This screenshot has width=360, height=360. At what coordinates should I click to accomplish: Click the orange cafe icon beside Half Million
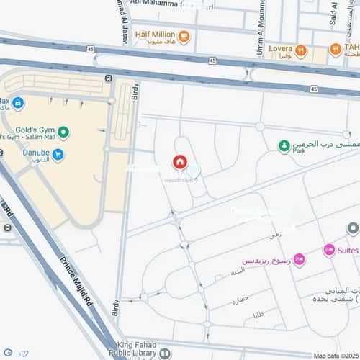(x=184, y=37)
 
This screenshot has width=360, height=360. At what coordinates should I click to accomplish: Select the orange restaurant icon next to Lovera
(x=301, y=50)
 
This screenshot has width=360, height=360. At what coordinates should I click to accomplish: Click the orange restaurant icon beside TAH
(x=336, y=50)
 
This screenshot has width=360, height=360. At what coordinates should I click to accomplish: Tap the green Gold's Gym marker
(x=64, y=132)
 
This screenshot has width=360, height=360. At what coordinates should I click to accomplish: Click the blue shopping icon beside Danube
(x=58, y=154)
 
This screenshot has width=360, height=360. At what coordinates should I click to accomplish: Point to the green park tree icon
(x=284, y=146)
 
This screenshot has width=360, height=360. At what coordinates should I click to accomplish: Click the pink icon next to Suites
(x=329, y=250)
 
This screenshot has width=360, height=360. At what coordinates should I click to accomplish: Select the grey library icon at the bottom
(x=165, y=354)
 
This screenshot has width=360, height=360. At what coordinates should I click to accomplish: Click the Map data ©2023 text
(x=335, y=356)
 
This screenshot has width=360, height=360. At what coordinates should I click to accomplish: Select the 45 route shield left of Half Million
(x=91, y=48)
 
